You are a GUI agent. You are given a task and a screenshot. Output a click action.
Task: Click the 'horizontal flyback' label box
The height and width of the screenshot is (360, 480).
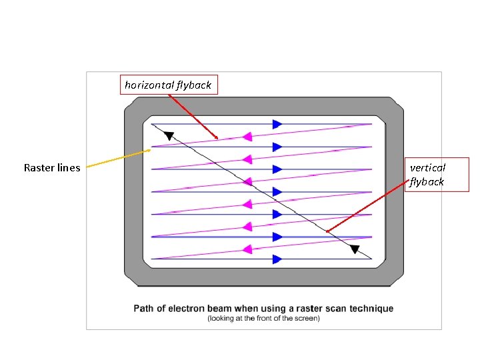[168, 85]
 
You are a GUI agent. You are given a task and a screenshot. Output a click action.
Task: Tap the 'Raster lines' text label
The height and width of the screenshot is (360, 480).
[52, 168]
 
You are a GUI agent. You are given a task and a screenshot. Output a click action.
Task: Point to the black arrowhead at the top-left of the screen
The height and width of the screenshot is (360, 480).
[169, 136]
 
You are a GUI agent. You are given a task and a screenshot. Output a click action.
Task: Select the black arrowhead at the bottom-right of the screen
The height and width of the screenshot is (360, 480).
[355, 250]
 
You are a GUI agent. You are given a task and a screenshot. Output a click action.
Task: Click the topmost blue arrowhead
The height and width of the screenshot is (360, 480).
[277, 124]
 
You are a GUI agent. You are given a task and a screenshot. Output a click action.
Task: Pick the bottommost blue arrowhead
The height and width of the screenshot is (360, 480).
[277, 259]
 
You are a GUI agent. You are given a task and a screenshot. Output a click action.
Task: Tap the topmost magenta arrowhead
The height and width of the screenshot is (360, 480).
[247, 137]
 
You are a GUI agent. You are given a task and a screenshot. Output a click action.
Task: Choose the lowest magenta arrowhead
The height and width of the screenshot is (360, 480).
[247, 249]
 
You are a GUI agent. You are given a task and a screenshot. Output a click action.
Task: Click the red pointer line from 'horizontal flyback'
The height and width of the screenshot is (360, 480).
[193, 117]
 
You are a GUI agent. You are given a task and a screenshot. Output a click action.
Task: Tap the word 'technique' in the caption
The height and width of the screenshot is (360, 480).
[371, 309]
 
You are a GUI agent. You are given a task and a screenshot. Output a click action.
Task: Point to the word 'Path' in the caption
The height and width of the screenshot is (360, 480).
[145, 309]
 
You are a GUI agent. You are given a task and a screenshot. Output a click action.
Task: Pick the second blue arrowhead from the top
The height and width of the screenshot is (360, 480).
[277, 147]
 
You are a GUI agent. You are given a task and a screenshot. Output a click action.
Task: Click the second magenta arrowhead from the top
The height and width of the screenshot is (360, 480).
[247, 159]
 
